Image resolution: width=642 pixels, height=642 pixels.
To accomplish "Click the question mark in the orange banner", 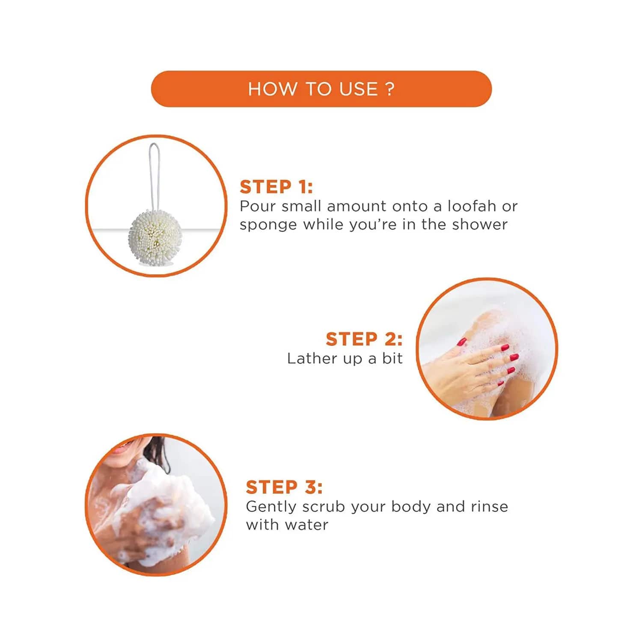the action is [x=389, y=89].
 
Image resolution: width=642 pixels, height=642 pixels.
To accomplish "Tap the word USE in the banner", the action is [x=359, y=89].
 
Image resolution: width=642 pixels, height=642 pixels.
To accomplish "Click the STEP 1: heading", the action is [x=276, y=187].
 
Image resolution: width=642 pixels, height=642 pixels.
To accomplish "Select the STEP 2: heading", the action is [x=364, y=339].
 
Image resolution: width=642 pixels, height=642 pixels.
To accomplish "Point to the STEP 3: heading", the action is [x=284, y=487].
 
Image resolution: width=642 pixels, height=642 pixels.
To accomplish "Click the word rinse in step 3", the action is [x=489, y=506].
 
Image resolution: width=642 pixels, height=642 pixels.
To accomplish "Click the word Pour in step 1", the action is [x=258, y=206].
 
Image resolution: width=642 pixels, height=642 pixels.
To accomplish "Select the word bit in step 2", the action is [x=392, y=358].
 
